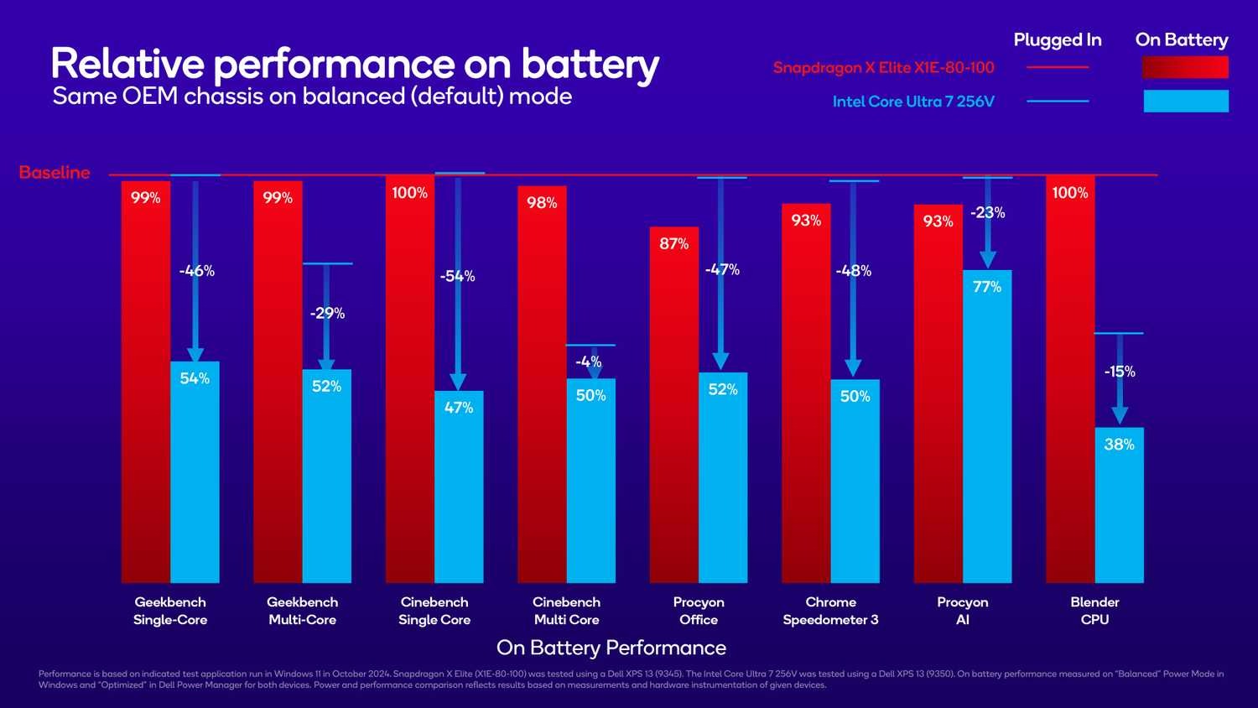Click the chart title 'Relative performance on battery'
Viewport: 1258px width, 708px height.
coord(355,64)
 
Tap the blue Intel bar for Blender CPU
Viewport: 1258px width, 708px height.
coord(1119,512)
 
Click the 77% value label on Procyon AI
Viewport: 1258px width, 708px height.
coord(987,287)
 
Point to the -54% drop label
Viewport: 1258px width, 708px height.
coord(457,276)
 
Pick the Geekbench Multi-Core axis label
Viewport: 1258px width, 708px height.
coord(302,611)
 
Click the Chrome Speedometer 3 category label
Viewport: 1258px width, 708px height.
coord(830,611)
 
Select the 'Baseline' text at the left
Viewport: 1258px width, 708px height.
coord(55,173)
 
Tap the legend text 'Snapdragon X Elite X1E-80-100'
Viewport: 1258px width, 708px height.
coord(883,68)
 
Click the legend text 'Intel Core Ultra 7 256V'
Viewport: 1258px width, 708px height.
coord(913,102)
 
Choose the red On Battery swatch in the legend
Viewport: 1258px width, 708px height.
coord(1185,67)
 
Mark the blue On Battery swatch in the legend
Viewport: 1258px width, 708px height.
coord(1185,102)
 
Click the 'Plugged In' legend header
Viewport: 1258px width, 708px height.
coord(1057,39)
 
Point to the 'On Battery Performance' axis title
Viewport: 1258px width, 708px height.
coord(611,648)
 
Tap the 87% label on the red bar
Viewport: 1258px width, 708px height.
coord(673,244)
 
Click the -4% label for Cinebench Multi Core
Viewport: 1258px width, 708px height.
coord(588,362)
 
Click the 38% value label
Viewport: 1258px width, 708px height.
coord(1119,445)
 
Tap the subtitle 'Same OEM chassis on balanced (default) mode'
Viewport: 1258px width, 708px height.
coord(312,96)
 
